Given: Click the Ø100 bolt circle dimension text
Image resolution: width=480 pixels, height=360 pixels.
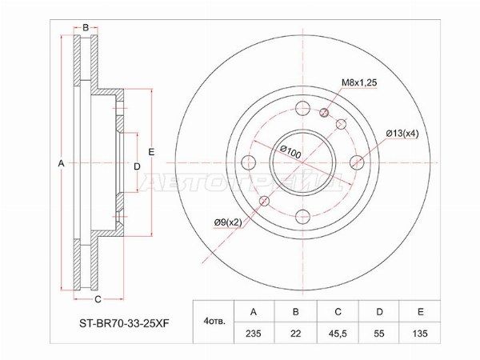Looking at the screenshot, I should (x=290, y=150).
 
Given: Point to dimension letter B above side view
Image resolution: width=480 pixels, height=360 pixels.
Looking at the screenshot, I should (x=86, y=28).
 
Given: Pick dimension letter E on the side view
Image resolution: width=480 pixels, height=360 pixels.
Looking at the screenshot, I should (x=150, y=152).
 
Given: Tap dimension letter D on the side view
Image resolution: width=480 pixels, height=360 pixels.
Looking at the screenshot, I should (x=137, y=165).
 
